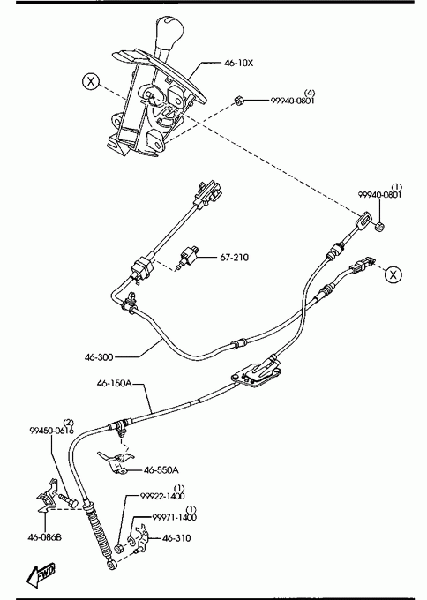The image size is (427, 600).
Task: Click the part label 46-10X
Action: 238,64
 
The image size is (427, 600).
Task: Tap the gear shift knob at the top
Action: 169,34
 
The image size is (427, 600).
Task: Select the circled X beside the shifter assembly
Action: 91,81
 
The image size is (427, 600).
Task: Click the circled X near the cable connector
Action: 393,274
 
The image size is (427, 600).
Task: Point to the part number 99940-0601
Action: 293,101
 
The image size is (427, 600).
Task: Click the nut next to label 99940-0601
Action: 239,101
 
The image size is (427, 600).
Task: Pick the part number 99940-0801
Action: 380,194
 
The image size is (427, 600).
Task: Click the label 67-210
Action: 234,257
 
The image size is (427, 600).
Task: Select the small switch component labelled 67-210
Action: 187,256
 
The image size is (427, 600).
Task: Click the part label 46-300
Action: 99,357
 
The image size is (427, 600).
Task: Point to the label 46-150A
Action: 114,383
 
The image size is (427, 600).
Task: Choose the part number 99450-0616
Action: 52,431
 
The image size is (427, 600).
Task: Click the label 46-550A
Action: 161,470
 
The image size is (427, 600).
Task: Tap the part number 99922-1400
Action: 162,496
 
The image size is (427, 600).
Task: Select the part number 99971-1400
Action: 175,517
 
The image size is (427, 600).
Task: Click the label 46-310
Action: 176,538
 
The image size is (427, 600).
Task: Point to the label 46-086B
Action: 44,537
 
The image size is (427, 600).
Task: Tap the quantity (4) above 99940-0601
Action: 310,93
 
